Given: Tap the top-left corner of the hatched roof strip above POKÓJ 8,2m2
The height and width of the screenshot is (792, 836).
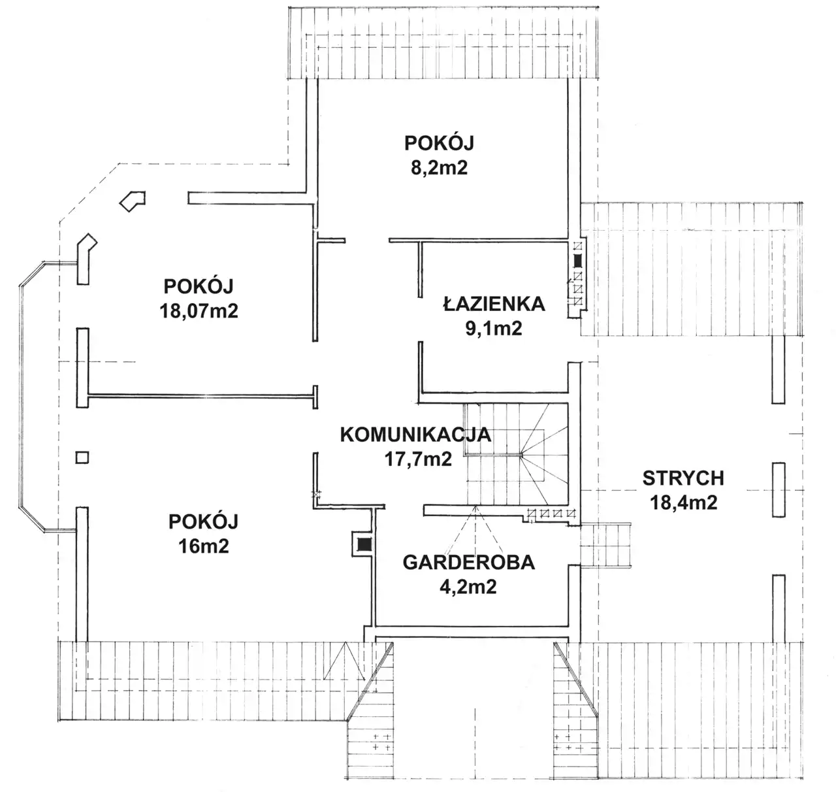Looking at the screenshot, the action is click(x=288, y=7).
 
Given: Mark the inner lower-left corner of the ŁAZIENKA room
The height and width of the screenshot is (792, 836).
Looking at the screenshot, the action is click(x=423, y=391).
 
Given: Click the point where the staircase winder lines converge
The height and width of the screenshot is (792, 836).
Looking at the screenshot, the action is click(x=522, y=455).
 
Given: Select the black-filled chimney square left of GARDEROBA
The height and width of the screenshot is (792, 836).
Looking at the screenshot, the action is click(x=364, y=544).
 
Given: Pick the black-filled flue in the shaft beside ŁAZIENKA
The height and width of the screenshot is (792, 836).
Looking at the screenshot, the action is click(x=577, y=261).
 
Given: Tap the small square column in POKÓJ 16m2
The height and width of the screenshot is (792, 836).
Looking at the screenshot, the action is click(x=82, y=457).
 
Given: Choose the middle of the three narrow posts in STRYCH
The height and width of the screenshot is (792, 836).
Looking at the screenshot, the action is click(x=779, y=490).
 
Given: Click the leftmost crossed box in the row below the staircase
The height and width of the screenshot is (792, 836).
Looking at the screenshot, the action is click(x=532, y=513).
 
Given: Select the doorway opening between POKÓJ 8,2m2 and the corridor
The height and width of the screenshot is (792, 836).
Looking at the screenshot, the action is click(x=367, y=240).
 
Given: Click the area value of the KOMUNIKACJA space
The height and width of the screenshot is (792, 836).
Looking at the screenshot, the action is click(x=419, y=459).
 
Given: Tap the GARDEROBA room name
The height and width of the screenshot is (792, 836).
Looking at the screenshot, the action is click(x=468, y=562).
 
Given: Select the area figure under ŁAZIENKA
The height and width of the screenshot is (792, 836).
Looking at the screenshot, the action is click(x=494, y=328).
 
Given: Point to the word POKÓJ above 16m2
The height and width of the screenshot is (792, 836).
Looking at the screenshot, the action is click(x=204, y=521).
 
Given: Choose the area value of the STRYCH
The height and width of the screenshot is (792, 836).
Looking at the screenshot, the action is click(x=684, y=503).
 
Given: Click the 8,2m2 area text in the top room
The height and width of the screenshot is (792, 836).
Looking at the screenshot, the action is click(x=440, y=167).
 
